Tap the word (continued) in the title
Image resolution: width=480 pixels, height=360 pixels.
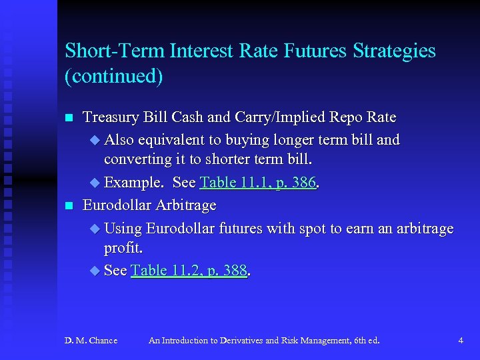[113, 75]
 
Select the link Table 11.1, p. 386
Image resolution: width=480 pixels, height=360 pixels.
[257, 183]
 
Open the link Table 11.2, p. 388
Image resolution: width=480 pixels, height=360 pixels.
[189, 270]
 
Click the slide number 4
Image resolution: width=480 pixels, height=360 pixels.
[461, 341]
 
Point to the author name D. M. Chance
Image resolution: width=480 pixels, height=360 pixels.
[91, 341]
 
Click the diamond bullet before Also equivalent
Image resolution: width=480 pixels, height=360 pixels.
[93, 140]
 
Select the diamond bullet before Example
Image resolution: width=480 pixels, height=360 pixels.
[93, 183]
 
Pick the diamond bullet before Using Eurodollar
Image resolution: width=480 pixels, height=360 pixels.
[93, 229]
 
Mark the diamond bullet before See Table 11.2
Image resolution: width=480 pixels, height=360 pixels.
[93, 271]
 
